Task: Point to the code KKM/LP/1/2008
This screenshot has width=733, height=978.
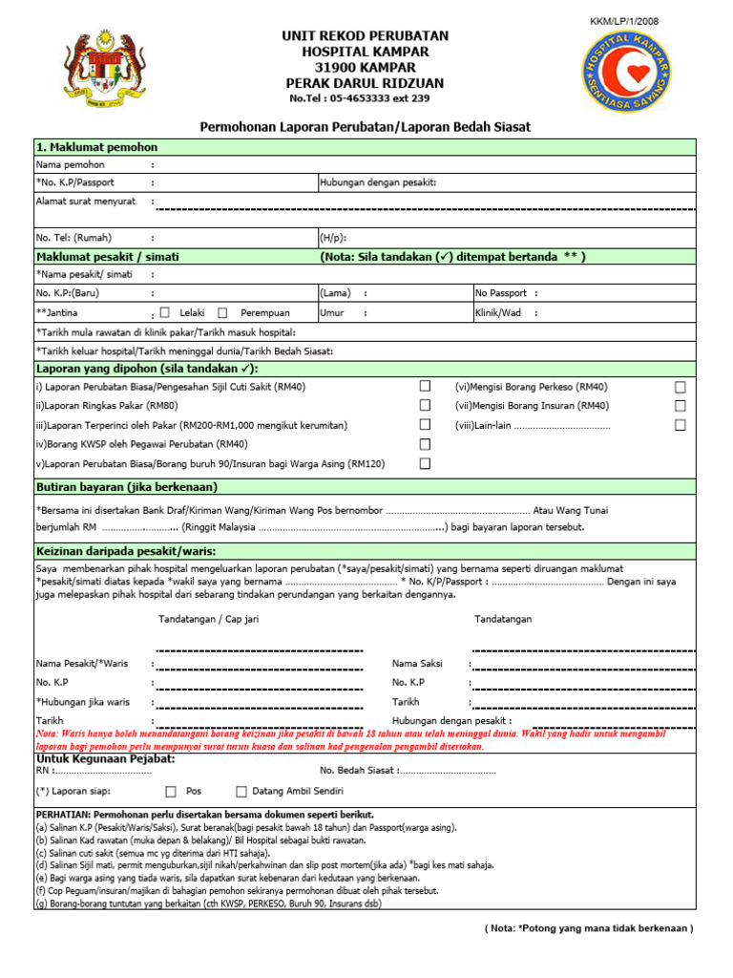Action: [626, 21]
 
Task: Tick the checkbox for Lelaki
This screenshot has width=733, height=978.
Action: [165, 312]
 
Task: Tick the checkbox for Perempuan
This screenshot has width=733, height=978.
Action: [222, 312]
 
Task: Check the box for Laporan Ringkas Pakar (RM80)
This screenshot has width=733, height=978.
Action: [425, 405]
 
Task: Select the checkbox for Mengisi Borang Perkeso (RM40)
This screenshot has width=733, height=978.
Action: [681, 387]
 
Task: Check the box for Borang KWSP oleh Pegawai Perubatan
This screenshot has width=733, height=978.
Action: [425, 444]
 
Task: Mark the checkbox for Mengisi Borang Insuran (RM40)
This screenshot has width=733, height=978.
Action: [681, 405]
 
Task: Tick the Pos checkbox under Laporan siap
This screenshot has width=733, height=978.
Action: [171, 791]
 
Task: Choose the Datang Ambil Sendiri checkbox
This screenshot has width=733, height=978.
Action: [241, 791]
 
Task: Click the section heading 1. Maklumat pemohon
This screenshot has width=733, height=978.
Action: [96, 147]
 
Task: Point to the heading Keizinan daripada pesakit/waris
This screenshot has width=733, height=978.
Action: [126, 551]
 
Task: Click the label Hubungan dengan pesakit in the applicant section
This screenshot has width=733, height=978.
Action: [378, 181]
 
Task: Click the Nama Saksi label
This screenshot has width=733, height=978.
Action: [416, 663]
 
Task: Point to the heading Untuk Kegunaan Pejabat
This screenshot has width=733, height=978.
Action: [105, 758]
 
